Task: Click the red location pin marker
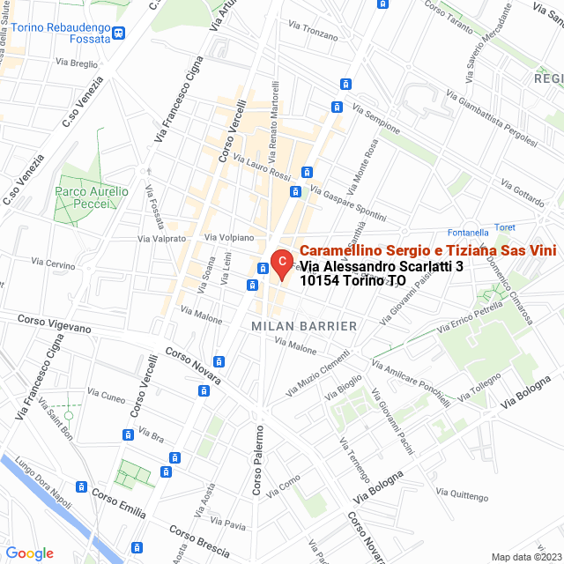pos(281,263)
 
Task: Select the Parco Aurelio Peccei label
pos(92,197)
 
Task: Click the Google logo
pos(29,553)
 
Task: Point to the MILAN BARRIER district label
pos(304,326)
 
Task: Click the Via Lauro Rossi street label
pos(262,167)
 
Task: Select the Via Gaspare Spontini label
pos(348,204)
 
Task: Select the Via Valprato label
pos(162,238)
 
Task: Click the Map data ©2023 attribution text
pos(526,557)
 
